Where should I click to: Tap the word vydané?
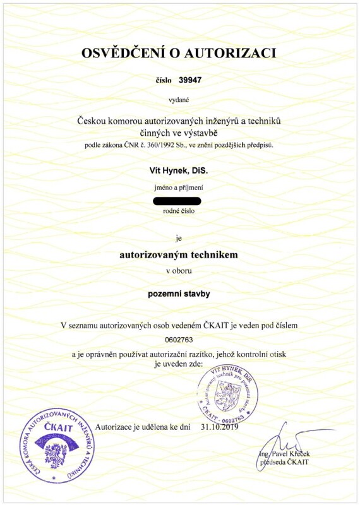tap(179, 99)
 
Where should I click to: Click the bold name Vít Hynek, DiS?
tap(179, 170)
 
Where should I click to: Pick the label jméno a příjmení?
tap(179, 187)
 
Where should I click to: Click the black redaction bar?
tap(177, 201)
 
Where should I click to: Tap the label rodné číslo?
tap(179, 211)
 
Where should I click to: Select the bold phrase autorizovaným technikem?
tap(179, 255)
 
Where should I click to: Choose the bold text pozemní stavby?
tap(179, 294)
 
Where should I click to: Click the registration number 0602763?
tap(179, 339)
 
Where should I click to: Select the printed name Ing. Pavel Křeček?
tap(284, 454)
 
